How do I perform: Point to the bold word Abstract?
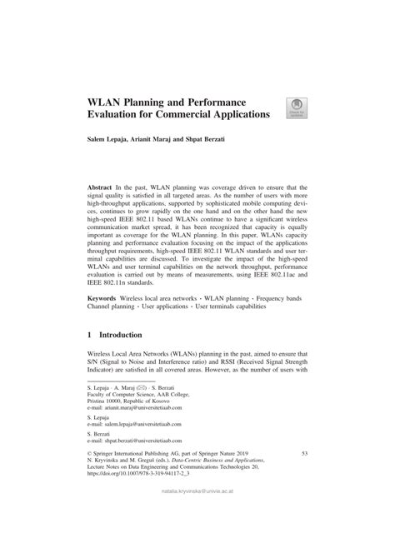pos(104,191)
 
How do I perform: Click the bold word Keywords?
pos(107,320)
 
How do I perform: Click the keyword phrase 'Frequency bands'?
pos(280,320)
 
